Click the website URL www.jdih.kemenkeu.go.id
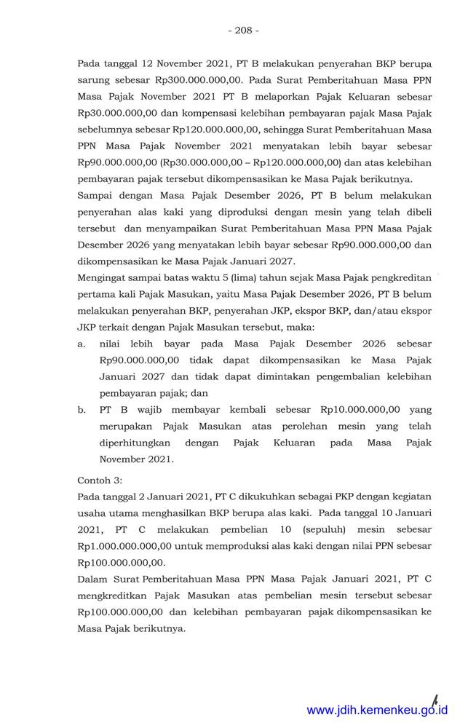click(x=378, y=710)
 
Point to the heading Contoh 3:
click(x=100, y=481)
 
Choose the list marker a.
click(x=82, y=343)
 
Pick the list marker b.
click(x=82, y=410)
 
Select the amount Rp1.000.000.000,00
click(x=127, y=546)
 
